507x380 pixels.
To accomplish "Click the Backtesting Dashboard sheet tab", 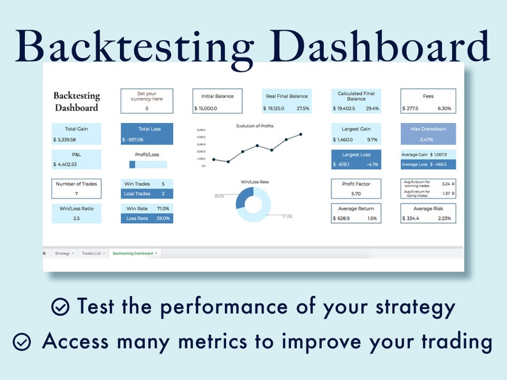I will click(133, 253).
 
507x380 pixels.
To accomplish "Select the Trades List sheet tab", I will click(93, 253).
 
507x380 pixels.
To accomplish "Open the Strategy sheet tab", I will click(63, 253).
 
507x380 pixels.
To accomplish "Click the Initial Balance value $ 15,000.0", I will click(208, 108).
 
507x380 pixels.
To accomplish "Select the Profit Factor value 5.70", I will click(356, 193).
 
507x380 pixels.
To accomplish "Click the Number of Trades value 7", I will click(76, 193).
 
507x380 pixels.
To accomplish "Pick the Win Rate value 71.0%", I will click(163, 208).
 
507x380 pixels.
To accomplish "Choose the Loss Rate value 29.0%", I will click(163, 218).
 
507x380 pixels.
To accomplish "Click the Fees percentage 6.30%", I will click(444, 108).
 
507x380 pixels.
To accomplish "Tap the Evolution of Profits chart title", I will click(254, 126).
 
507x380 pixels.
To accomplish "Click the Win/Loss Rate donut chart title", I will click(254, 182).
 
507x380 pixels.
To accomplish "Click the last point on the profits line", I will click(301, 135).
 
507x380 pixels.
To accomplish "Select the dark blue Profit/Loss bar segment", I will click(132, 164).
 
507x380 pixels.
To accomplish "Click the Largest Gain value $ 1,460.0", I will click(344, 140).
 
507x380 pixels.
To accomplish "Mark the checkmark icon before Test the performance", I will click(60, 307).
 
